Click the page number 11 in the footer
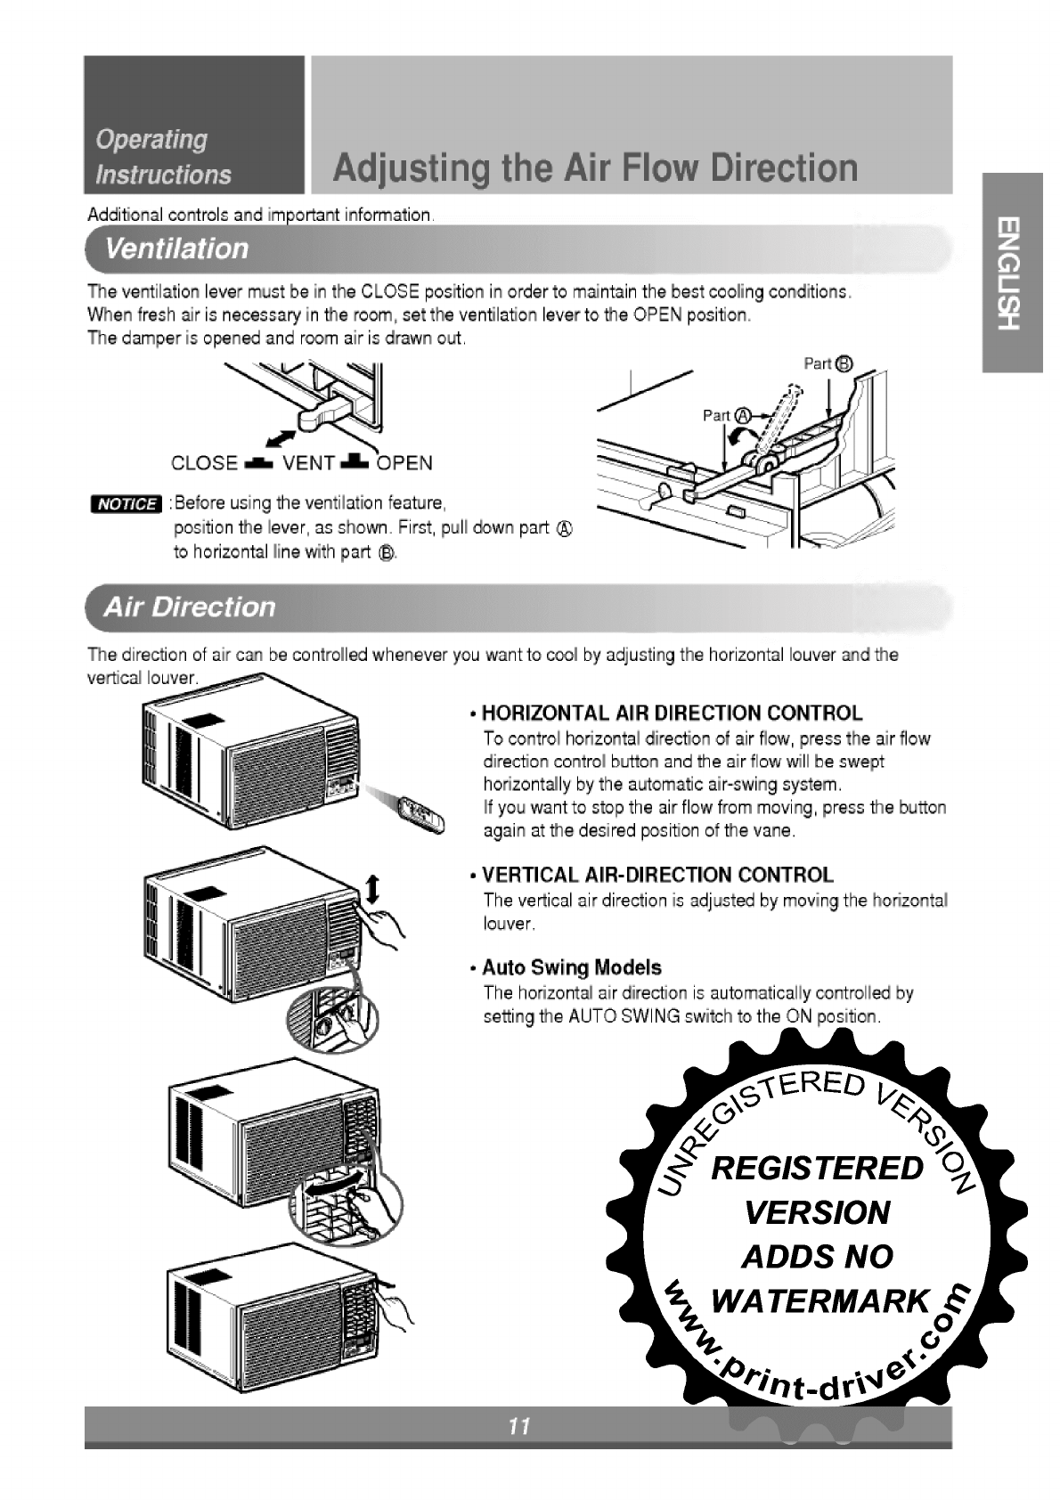tap(519, 1427)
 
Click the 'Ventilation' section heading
tap(176, 248)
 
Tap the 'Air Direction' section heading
tap(190, 607)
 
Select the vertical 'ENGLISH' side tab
tap(1010, 273)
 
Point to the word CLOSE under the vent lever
tap(204, 464)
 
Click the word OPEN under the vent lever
tap(405, 463)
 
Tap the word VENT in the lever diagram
tap(308, 464)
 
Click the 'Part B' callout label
tap(828, 363)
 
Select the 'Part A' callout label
tap(728, 415)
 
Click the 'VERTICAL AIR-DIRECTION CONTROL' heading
tap(657, 875)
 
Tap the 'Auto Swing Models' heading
tap(572, 967)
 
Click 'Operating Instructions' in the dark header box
tap(163, 157)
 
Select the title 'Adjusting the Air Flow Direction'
tap(596, 167)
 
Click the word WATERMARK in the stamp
tap(820, 1301)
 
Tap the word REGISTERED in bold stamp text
tap(817, 1168)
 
